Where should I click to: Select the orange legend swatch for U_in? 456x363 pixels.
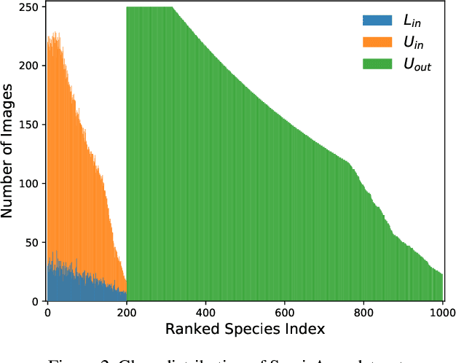(376, 43)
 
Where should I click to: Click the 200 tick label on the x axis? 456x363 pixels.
(127, 313)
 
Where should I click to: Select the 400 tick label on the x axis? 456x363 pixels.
(206, 313)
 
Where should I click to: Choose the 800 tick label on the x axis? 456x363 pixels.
(364, 313)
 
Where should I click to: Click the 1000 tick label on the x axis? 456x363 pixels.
(442, 313)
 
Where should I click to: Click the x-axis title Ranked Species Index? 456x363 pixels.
(244, 329)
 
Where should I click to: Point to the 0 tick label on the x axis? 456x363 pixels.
(47, 313)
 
